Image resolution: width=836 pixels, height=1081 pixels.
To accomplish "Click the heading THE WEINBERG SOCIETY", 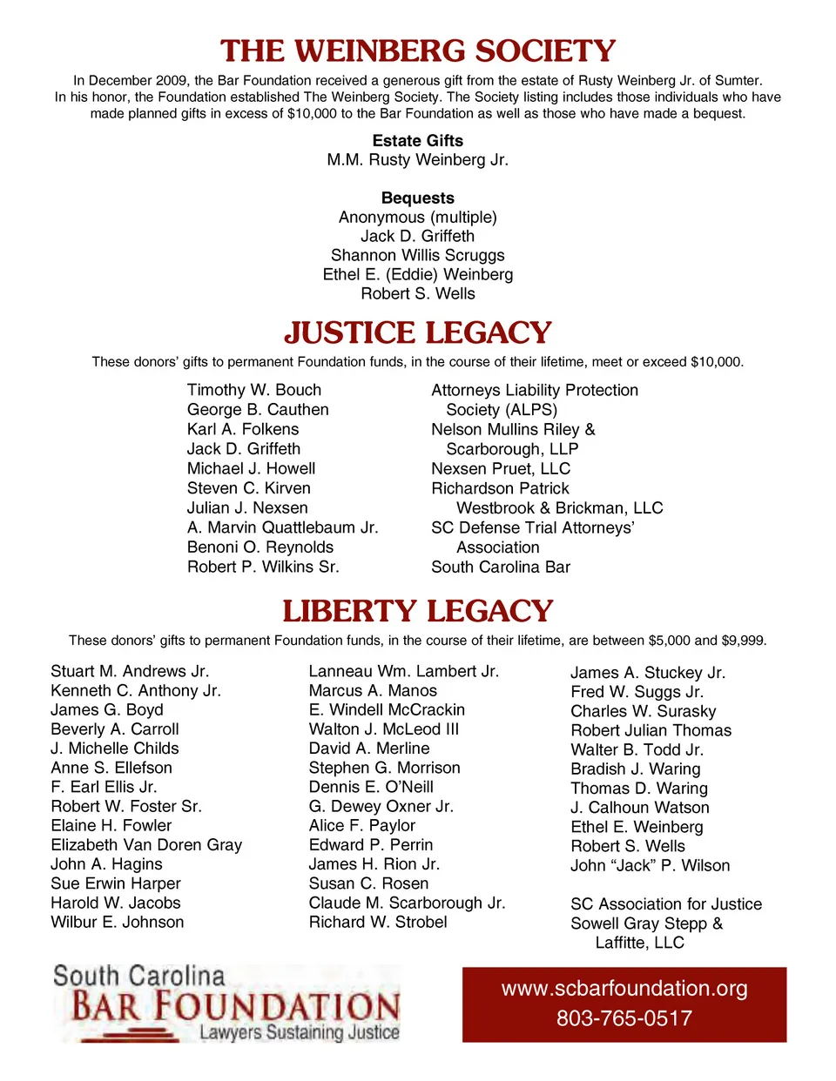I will click(x=418, y=51).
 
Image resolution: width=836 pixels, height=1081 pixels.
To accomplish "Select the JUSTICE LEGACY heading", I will click(x=418, y=332).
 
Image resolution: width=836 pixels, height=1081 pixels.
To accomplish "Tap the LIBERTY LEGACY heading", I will click(x=418, y=611).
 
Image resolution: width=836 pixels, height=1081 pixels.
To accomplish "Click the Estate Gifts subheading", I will click(x=418, y=141).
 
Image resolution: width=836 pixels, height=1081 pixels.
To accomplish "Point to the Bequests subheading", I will click(x=418, y=198).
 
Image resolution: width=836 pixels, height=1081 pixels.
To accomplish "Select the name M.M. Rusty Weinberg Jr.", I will click(x=418, y=160).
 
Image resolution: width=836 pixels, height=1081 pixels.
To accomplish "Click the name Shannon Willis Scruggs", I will click(x=418, y=255).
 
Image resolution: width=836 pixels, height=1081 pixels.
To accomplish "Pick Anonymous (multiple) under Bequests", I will click(x=418, y=218).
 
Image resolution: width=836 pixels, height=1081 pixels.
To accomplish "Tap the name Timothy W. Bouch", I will click(x=254, y=390).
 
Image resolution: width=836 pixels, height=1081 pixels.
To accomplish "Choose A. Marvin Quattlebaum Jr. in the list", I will click(x=283, y=527).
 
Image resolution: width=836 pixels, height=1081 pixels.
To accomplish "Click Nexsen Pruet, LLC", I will click(x=501, y=468).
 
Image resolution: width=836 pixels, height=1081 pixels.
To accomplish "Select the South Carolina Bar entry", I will click(x=501, y=567).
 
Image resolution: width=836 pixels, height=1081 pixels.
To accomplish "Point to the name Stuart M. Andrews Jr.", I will click(x=130, y=671).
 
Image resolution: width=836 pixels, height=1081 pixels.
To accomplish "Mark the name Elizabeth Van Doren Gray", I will click(x=146, y=844).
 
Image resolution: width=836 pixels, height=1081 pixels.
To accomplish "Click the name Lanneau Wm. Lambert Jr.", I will click(x=404, y=671).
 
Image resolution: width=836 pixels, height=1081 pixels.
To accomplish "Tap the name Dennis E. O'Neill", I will click(x=371, y=787).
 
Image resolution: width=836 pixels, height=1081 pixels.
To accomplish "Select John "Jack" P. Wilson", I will click(x=651, y=865).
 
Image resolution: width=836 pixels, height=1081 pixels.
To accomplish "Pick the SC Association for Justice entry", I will click(x=666, y=904).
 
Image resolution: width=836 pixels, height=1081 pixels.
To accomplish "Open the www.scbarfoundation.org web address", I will click(x=624, y=989).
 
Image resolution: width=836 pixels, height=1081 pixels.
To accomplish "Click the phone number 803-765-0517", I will click(x=624, y=1018).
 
